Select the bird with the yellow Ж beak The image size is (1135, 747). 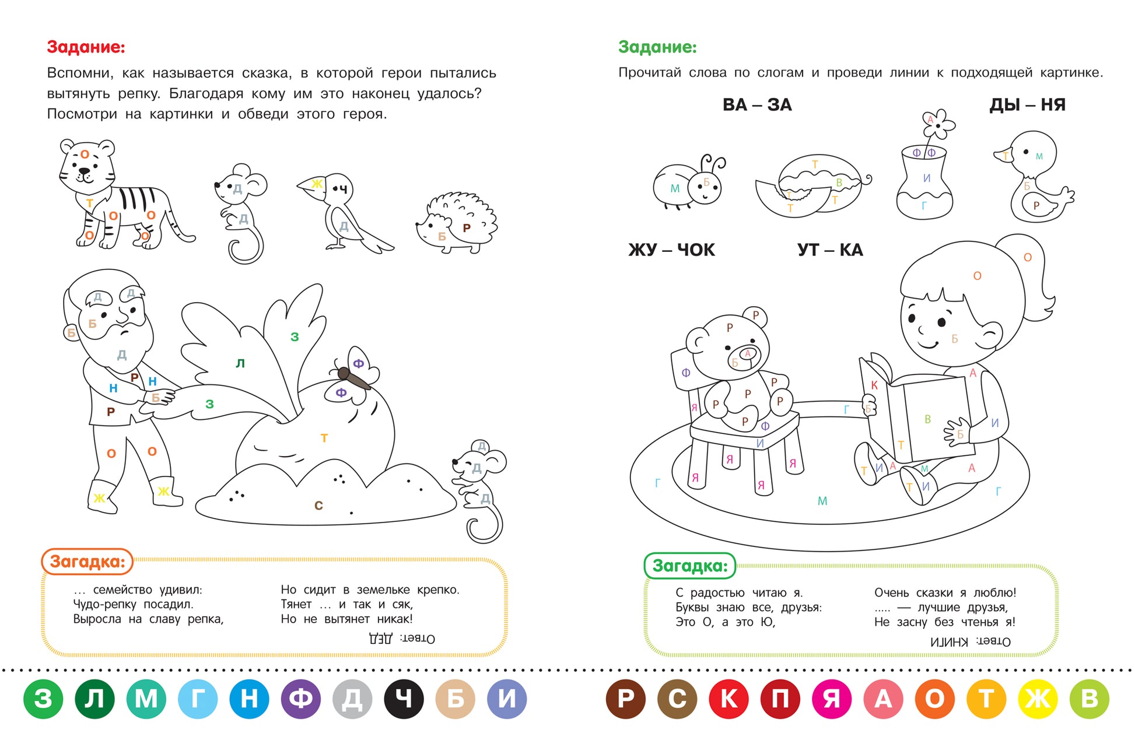click(344, 212)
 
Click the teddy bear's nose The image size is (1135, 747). click(748, 353)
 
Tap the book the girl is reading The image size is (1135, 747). click(916, 408)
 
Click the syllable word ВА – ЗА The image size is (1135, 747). click(757, 105)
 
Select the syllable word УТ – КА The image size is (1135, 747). click(830, 250)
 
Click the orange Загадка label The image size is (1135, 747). click(87, 562)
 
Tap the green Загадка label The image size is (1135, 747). click(690, 566)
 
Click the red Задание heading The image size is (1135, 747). click(86, 47)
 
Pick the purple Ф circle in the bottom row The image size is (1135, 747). click(301, 699)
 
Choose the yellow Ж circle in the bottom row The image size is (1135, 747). click(1038, 699)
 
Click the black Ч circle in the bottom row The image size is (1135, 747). click(404, 699)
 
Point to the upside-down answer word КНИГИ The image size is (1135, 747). click(949, 642)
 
